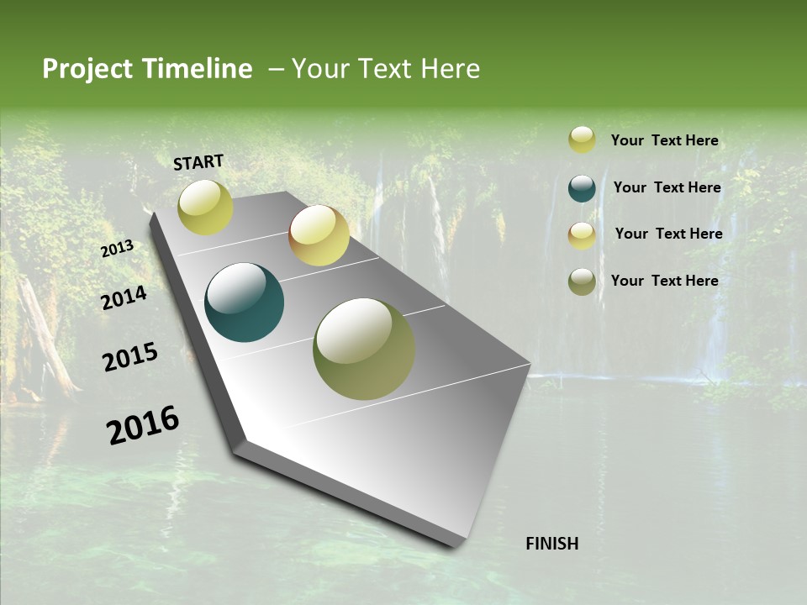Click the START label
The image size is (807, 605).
[x=198, y=162]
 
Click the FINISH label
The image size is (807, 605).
[x=551, y=544]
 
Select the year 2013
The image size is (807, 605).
[x=117, y=249]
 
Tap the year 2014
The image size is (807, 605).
[x=124, y=298]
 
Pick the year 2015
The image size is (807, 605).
[x=129, y=357]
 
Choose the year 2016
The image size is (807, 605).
[x=143, y=425]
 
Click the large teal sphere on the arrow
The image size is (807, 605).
[x=244, y=302]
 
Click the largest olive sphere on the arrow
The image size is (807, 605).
[x=363, y=348]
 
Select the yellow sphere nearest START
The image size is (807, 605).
[x=205, y=207]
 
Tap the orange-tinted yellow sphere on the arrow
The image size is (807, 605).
[x=319, y=234]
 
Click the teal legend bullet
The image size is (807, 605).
[x=582, y=188]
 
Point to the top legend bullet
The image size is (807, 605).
[x=582, y=140]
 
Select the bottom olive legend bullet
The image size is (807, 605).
[x=582, y=281]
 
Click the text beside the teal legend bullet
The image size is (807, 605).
[x=667, y=187]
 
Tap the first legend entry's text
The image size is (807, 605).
[x=664, y=140]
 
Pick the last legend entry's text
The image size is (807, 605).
[x=664, y=281]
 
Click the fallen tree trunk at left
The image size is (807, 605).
[x=46, y=336]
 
